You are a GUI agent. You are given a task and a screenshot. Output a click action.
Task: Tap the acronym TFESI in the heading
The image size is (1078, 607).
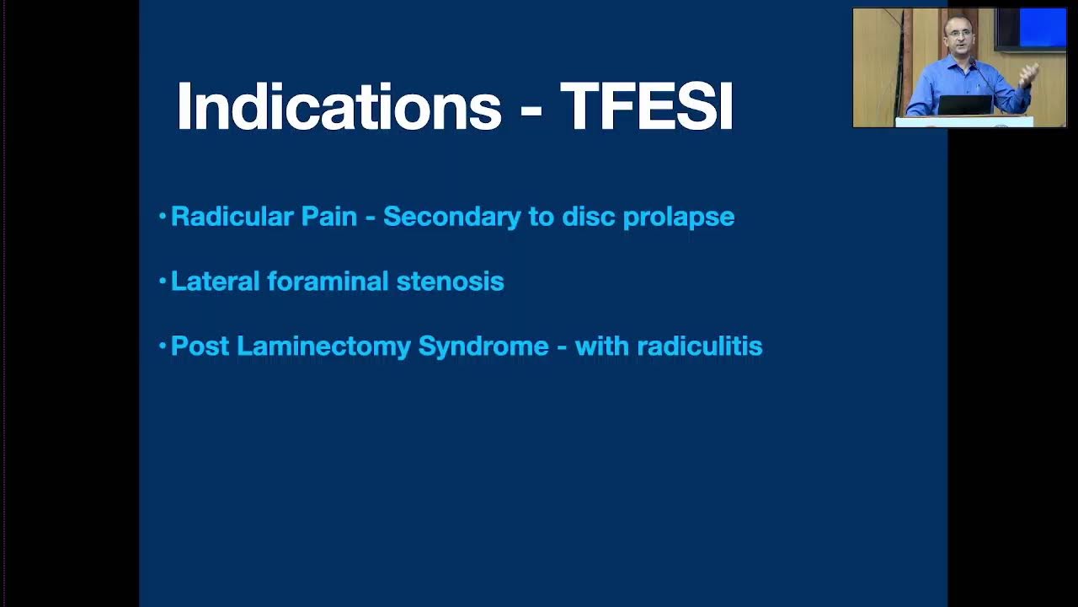[x=647, y=107]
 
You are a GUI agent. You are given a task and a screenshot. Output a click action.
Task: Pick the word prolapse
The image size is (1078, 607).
[x=678, y=218]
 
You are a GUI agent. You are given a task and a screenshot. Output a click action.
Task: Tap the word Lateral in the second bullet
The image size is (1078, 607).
[x=215, y=281]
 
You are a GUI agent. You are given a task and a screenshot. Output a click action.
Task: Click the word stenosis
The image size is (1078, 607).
[x=450, y=281]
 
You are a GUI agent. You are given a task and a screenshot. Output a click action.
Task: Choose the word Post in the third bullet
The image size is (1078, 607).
[x=200, y=346]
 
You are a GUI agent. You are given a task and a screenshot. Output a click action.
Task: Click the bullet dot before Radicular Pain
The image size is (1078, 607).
[x=163, y=217]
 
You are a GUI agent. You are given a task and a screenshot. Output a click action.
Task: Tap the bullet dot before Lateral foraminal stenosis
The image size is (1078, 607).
[x=163, y=281]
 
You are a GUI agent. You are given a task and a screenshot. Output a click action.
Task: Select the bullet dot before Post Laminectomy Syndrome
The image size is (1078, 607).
[x=163, y=346]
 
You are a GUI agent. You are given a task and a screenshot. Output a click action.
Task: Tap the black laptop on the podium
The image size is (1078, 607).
[x=965, y=105]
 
